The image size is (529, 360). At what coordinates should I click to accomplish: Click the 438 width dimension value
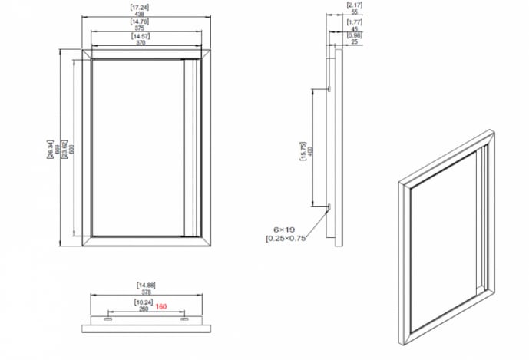[141, 15]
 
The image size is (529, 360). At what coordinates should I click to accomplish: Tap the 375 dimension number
[141, 29]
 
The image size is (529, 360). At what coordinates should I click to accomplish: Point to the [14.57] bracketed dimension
[141, 36]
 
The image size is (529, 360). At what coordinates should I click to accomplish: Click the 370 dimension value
[141, 43]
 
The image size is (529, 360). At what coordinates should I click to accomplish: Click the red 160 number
[161, 306]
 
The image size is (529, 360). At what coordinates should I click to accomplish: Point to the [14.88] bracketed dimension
[146, 286]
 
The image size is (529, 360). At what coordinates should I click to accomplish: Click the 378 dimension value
[146, 292]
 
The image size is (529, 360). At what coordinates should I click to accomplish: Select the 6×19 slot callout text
[284, 230]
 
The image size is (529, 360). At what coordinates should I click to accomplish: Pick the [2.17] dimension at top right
[354, 6]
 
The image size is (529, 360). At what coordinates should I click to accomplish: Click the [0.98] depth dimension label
[354, 35]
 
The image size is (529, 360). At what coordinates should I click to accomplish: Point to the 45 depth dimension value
[354, 28]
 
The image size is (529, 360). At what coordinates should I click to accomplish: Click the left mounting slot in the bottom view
[108, 318]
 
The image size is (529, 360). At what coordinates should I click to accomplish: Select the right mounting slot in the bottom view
[184, 318]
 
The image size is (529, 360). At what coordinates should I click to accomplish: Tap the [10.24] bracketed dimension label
[144, 301]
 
